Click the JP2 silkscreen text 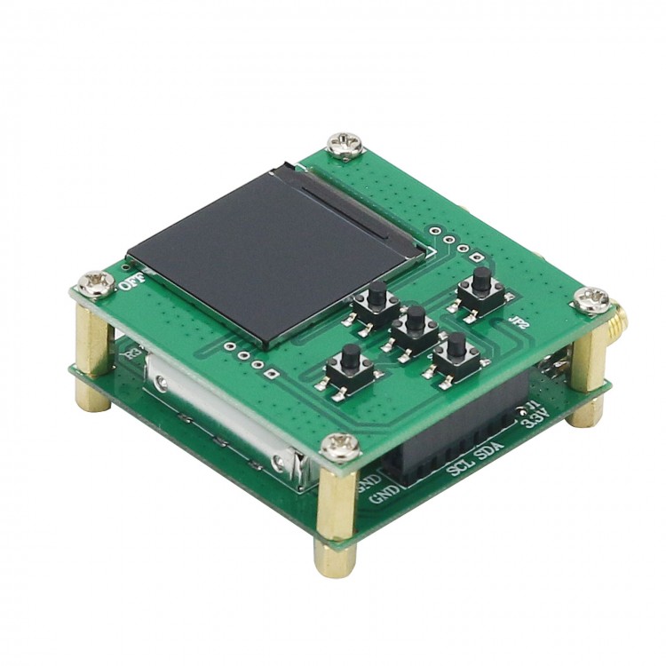click(519, 326)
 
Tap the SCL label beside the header click(461, 467)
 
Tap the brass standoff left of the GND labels click(337, 515)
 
